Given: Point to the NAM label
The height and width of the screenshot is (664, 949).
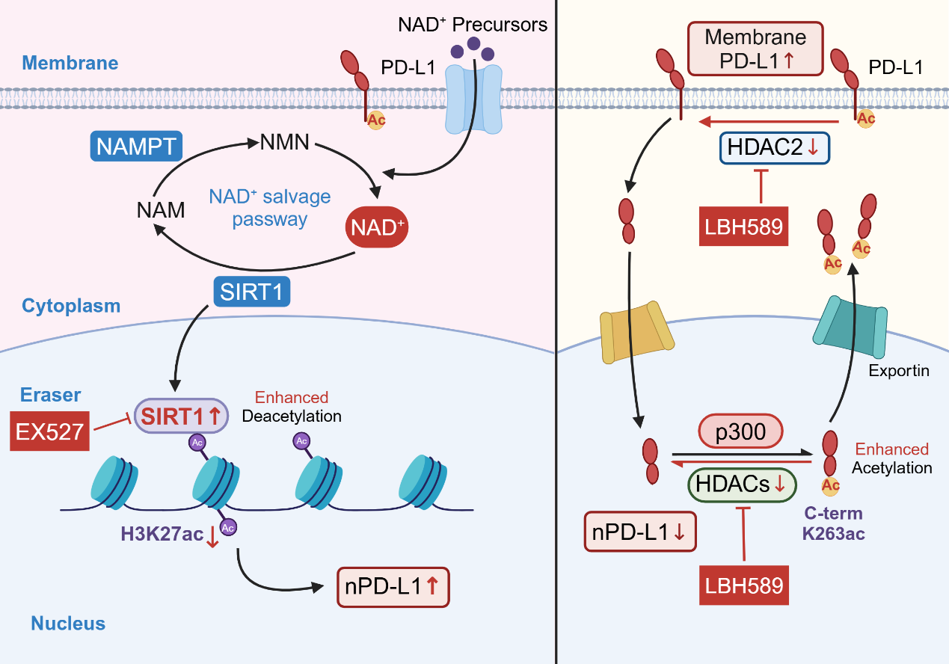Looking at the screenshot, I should [161, 210].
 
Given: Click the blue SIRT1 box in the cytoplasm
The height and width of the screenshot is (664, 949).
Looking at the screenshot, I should [251, 292].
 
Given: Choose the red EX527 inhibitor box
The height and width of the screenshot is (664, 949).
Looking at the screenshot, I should [49, 431].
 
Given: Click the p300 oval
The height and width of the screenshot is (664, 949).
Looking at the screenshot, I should [740, 431].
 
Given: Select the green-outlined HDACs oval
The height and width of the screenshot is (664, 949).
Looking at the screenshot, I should [742, 485].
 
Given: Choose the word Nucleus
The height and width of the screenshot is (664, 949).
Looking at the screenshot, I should [68, 623].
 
